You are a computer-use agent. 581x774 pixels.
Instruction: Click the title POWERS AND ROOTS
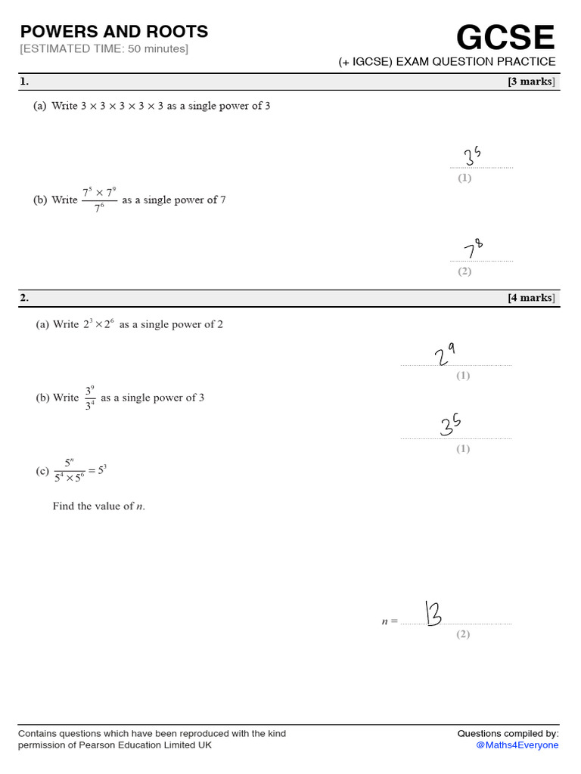point(114,32)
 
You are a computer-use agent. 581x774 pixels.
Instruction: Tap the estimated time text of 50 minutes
point(104,49)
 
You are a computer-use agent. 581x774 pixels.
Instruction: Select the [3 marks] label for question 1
point(531,82)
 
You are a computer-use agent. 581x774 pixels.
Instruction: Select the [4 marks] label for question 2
point(531,298)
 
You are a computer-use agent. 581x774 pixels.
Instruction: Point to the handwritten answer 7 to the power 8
point(472,249)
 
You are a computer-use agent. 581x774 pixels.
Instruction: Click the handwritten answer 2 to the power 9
point(444,354)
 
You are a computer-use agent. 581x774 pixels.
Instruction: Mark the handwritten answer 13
point(433,613)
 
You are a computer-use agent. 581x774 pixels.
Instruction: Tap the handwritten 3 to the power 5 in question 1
point(473,156)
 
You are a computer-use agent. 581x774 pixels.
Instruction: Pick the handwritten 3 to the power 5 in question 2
point(451,425)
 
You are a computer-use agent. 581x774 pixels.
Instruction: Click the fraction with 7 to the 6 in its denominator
point(99,200)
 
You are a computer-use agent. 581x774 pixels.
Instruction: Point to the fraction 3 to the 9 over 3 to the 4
point(90,398)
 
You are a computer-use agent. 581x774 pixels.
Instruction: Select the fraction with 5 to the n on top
point(70,470)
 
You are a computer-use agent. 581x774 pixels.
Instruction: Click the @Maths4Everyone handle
point(517,745)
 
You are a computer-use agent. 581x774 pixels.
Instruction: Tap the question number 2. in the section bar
point(25,298)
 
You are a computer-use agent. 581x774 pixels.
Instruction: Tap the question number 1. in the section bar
point(25,82)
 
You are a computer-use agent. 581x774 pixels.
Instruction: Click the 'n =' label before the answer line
point(390,621)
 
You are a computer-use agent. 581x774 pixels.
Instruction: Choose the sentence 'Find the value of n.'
point(98,506)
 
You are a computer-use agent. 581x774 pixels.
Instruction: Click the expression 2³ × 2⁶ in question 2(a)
point(98,324)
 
